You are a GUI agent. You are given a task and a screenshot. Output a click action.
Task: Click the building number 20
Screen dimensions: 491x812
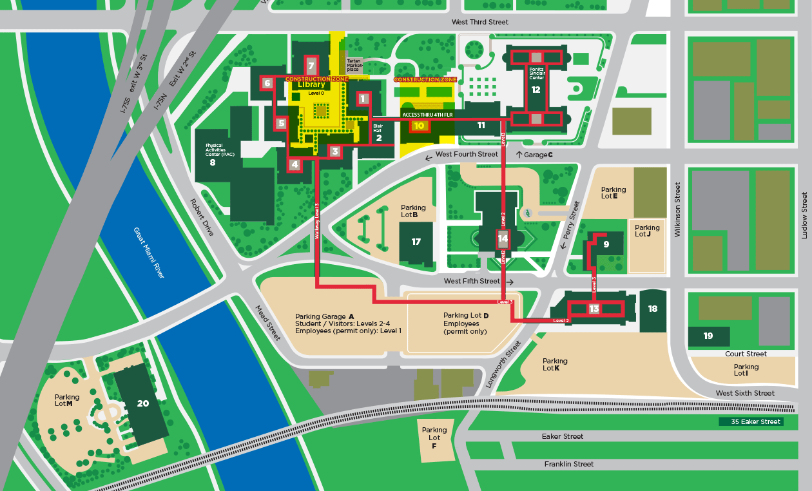(x=142, y=403)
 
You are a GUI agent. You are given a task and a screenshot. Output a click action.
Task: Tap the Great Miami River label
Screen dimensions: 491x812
(x=149, y=253)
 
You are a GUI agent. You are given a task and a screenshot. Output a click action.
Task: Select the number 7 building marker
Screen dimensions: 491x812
(x=311, y=66)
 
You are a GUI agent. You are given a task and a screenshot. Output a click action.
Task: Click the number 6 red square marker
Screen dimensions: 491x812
(x=267, y=83)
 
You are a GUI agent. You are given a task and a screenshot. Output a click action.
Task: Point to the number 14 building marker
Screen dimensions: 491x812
(x=503, y=239)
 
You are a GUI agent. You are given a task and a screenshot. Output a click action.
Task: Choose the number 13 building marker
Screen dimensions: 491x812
(x=594, y=309)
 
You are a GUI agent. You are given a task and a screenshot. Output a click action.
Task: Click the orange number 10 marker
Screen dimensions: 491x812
(x=419, y=126)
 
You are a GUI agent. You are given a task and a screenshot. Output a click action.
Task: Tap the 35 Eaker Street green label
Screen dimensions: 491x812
(x=751, y=422)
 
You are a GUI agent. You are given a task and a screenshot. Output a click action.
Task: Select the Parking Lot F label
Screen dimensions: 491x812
(x=434, y=438)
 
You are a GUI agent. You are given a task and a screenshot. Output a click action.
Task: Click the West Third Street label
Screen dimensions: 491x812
(x=479, y=22)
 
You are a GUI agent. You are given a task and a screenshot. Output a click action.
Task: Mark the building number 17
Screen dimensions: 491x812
(x=416, y=242)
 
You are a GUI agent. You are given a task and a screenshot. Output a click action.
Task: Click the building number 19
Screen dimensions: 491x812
(x=708, y=336)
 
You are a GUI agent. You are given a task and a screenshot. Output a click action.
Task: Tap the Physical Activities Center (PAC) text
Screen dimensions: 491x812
(x=219, y=150)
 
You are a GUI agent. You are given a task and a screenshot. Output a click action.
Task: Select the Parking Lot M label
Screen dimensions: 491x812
(x=68, y=401)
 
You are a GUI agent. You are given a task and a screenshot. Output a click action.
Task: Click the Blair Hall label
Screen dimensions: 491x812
(x=378, y=128)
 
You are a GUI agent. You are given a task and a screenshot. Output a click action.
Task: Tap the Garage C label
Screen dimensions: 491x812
(x=534, y=155)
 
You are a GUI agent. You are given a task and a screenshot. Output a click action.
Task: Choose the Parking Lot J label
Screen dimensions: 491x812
(x=647, y=231)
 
